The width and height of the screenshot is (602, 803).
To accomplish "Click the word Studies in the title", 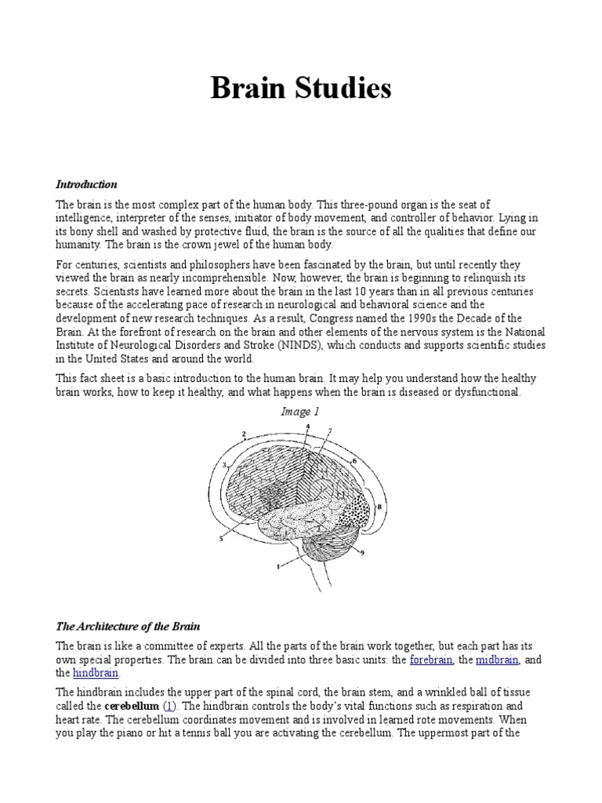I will (x=342, y=89).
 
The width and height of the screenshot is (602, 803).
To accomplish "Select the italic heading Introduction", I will (x=86, y=184).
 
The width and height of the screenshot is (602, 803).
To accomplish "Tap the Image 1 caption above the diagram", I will (x=300, y=412).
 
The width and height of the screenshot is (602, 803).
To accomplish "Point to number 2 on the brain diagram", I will (x=244, y=434).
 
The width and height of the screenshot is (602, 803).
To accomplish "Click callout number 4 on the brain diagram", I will (x=307, y=426).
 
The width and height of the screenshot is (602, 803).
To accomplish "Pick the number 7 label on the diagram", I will (x=331, y=431).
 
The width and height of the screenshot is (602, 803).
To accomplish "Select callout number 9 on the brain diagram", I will (x=362, y=553).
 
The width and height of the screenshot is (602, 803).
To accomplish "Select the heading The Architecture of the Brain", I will (x=128, y=627).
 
